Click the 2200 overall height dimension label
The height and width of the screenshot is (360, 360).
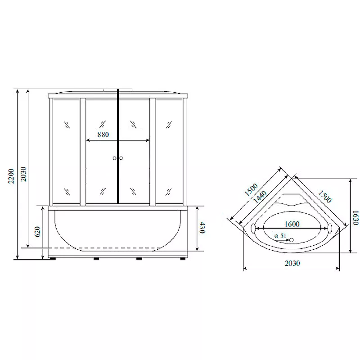coord(11,176)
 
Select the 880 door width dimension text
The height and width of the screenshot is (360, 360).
coord(103,134)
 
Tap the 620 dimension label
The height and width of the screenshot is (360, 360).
coord(37,232)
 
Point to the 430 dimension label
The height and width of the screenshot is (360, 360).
coord(202,228)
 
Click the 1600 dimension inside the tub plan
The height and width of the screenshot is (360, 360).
coord(292,224)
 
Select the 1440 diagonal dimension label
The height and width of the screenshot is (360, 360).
coord(260,197)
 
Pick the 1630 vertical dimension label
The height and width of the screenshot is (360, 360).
coord(355,218)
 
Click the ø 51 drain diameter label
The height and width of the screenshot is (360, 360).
coord(280,236)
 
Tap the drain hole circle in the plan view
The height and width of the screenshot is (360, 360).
coord(291,240)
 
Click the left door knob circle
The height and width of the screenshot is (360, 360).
coord(115,158)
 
